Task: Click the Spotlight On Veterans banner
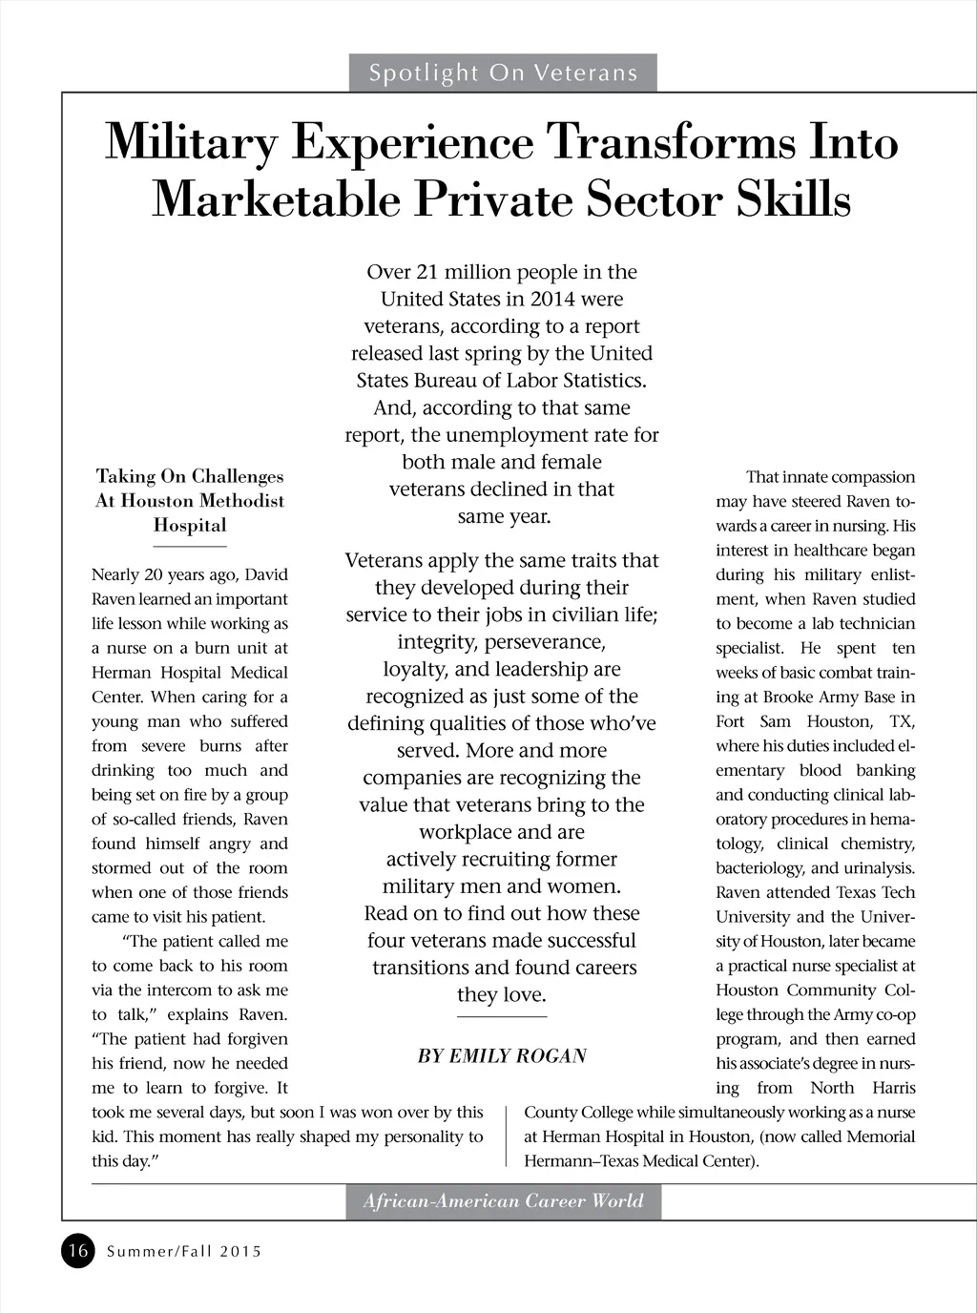(x=503, y=73)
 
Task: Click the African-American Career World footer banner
(x=503, y=1201)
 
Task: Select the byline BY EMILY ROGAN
(x=502, y=1055)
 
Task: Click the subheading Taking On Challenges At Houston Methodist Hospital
(x=190, y=500)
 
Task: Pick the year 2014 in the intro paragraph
(x=553, y=299)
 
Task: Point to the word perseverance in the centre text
(x=546, y=641)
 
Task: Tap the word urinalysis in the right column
(x=877, y=867)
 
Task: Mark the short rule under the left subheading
(x=190, y=547)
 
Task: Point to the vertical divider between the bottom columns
(x=505, y=1136)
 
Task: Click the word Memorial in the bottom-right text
(x=880, y=1136)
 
